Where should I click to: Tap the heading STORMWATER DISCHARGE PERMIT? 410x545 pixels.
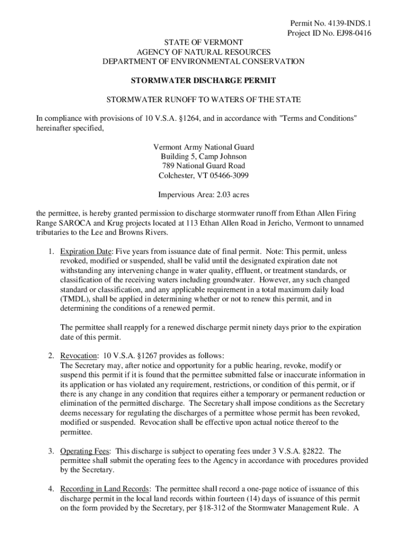pos(203,80)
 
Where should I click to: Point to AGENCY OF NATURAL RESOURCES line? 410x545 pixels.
pos(203,52)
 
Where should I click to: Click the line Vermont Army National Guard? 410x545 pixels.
pos(203,147)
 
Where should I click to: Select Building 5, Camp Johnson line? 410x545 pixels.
pos(203,156)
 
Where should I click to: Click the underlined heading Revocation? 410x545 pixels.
pos(78,356)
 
